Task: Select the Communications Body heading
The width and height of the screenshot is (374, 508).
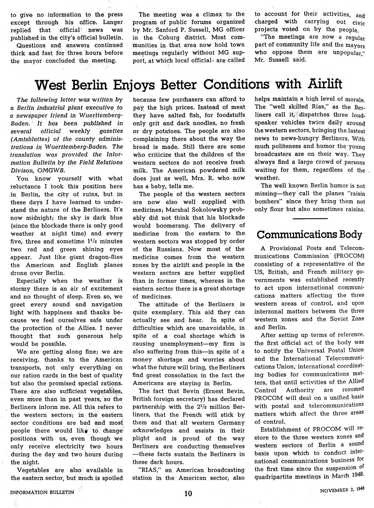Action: (310, 234)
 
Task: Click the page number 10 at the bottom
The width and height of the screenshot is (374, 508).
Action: (188, 494)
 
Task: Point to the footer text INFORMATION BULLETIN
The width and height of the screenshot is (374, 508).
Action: (42, 491)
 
